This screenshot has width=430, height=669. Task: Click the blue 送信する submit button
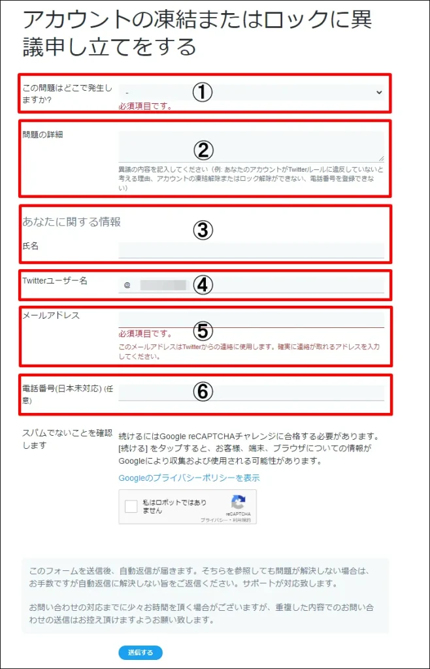coord(140,652)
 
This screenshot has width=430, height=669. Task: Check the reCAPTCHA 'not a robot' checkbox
coord(131,506)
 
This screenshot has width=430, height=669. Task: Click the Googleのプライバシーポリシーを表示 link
coord(189,478)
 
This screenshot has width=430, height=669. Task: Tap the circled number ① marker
coord(203,93)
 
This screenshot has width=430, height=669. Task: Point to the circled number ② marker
coord(203,150)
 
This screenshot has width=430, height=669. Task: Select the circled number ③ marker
coord(203,229)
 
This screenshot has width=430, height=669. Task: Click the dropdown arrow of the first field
coord(379,93)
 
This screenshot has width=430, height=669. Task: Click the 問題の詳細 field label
coord(38,135)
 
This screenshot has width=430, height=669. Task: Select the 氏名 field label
coord(31,246)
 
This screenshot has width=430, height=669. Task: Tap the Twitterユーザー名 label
coord(55,280)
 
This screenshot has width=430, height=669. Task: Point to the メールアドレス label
coord(51,315)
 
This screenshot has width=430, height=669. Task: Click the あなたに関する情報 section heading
coord(72,222)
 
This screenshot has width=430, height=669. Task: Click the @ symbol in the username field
coord(127,285)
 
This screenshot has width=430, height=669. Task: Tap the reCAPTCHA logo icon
coord(238,502)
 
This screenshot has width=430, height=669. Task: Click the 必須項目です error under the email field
coord(144,334)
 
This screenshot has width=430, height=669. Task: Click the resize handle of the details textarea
coord(380,157)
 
